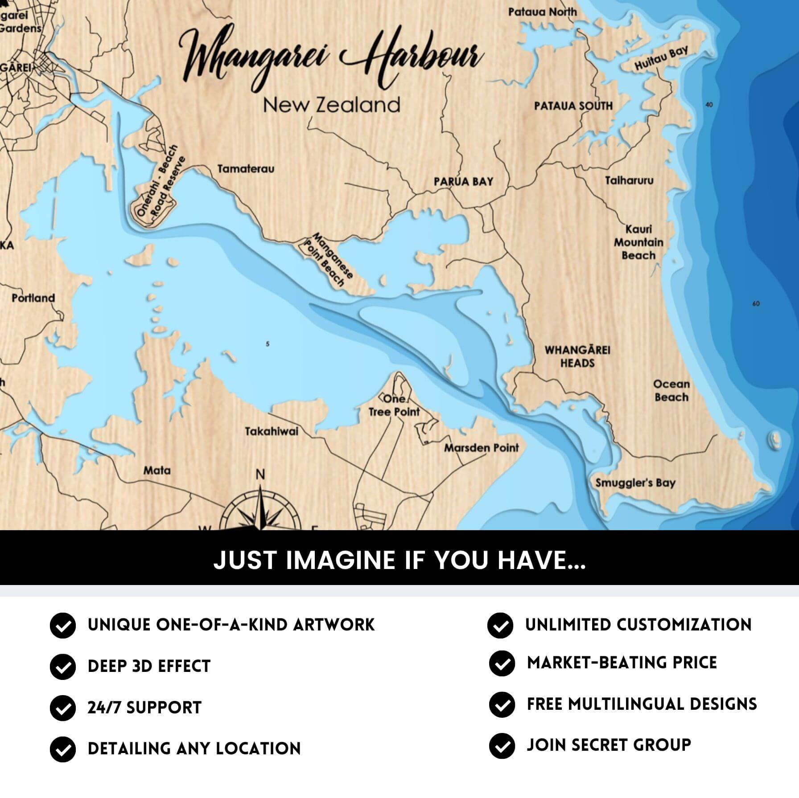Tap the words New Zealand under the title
(x=331, y=105)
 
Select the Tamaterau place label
(x=246, y=169)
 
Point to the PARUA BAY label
(x=463, y=182)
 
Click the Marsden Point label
(x=481, y=448)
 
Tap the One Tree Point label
(x=394, y=405)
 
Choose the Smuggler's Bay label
(x=635, y=483)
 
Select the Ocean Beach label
(x=671, y=390)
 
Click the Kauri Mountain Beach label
(x=638, y=242)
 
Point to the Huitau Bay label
(x=661, y=58)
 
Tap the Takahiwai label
(x=271, y=431)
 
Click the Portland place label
(x=33, y=298)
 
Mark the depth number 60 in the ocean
(x=756, y=304)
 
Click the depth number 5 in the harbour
(x=268, y=344)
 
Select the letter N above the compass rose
(x=260, y=475)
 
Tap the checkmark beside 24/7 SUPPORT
(x=62, y=708)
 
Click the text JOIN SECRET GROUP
(x=609, y=745)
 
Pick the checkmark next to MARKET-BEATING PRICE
(x=502, y=663)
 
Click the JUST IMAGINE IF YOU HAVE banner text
(x=399, y=560)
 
